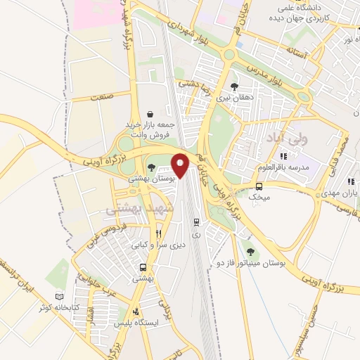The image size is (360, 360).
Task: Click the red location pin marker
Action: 180,166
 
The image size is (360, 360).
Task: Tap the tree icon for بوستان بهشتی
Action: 153,167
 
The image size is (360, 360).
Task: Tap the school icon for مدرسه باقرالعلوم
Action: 283,156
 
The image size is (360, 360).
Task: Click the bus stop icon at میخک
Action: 259,187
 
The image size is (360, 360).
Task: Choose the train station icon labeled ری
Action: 196,221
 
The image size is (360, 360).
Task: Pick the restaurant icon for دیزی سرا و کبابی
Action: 159,234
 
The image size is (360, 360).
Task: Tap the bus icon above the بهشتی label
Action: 143,267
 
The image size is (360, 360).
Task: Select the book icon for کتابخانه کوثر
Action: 59,297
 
